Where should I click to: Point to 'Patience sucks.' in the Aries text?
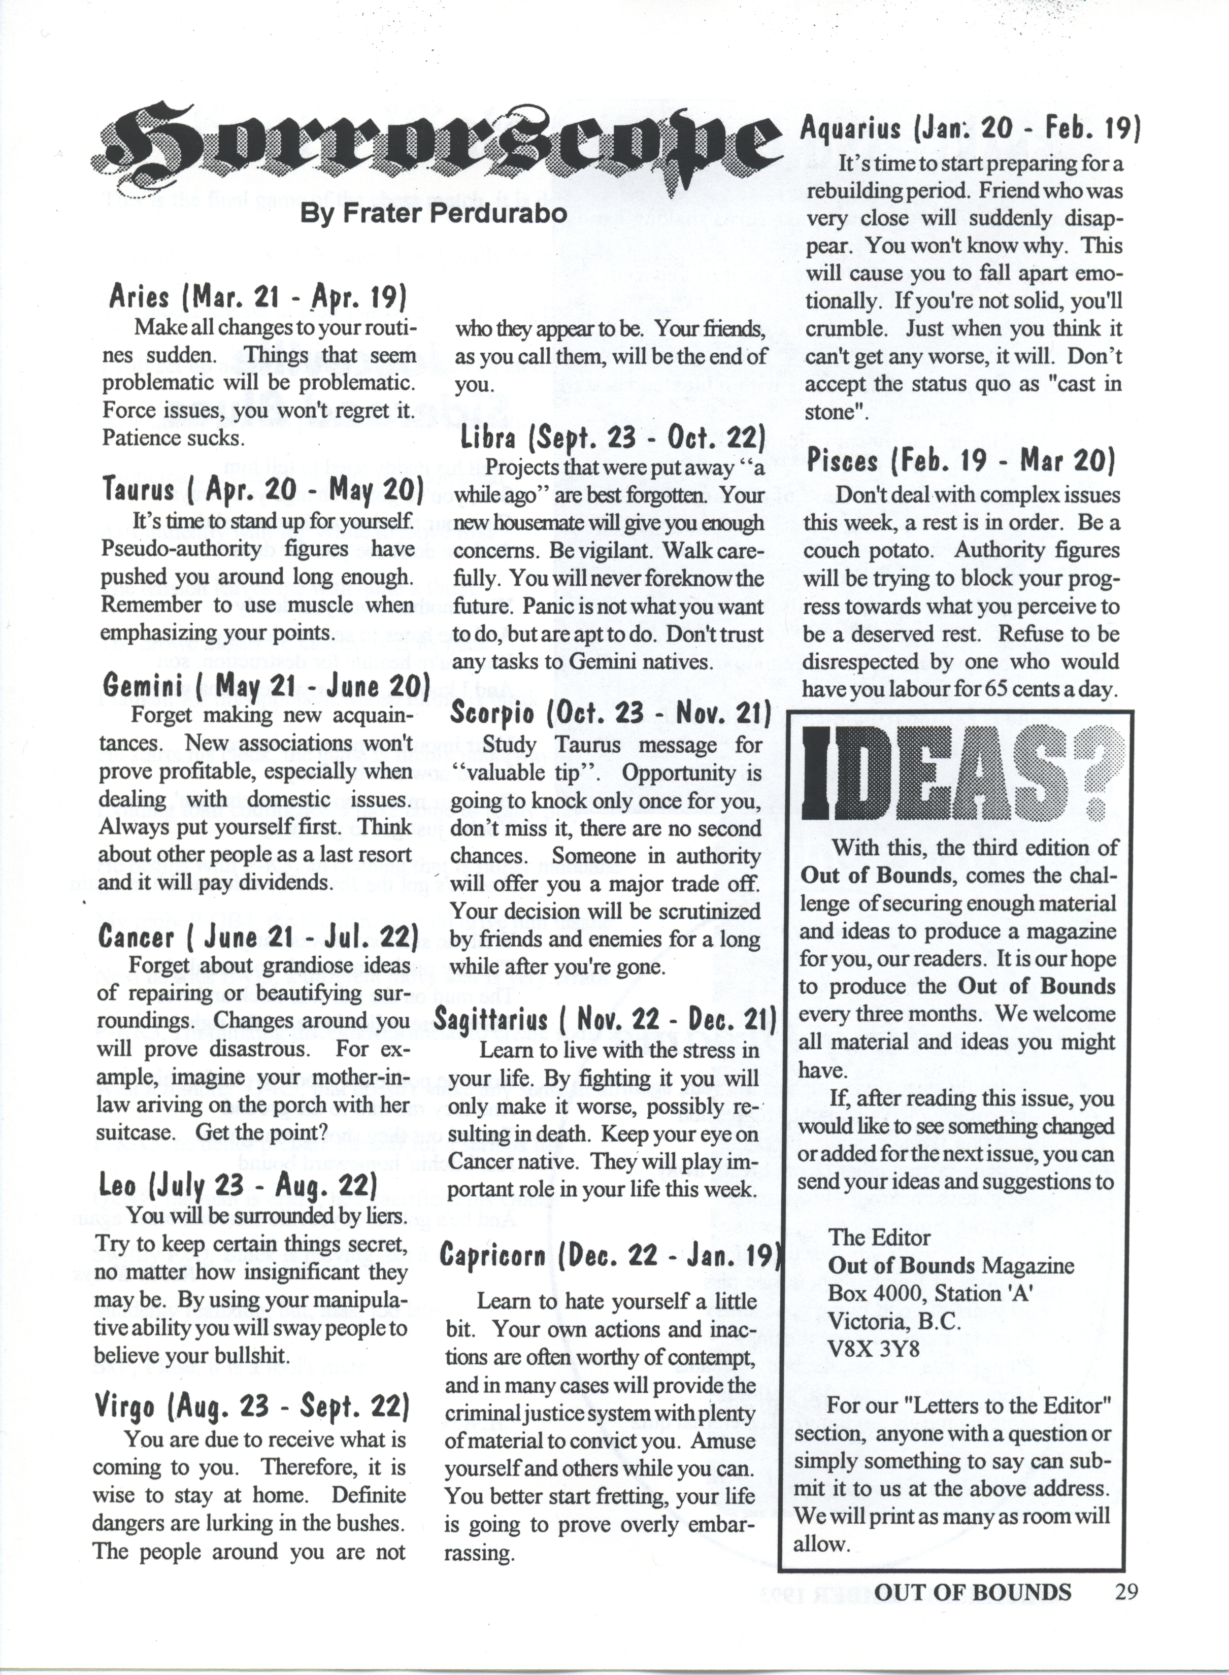pyautogui.click(x=173, y=438)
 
